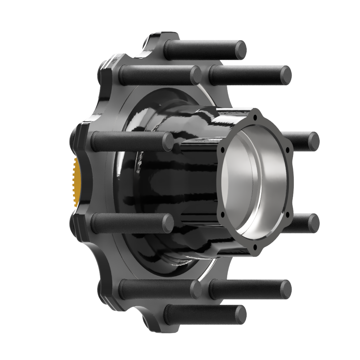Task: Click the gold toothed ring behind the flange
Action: tap(76, 182)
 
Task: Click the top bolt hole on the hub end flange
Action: tap(255, 117)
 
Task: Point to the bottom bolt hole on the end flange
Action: tap(255, 247)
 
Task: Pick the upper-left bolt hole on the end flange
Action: tap(223, 149)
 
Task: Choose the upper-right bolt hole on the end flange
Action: tap(288, 149)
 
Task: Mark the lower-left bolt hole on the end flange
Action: tap(223, 215)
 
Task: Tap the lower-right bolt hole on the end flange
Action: tap(288, 215)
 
